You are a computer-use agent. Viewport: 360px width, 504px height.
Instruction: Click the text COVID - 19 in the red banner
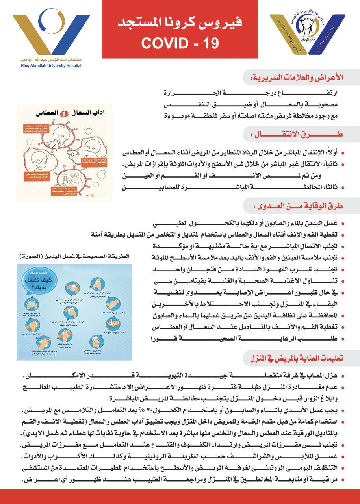coord(180,43)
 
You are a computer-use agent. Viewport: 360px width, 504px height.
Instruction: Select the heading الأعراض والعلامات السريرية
coord(301,78)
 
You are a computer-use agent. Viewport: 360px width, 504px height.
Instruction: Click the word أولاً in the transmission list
coord(327,152)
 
